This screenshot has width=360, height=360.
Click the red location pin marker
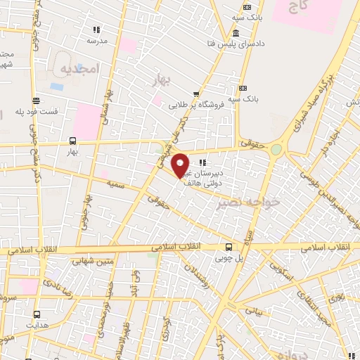click(x=181, y=165)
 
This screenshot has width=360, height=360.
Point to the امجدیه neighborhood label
click(x=77, y=69)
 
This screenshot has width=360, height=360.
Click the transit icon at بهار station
click(x=72, y=140)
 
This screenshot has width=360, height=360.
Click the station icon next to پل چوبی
click(x=229, y=247)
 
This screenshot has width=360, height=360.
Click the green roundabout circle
click(x=276, y=150)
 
